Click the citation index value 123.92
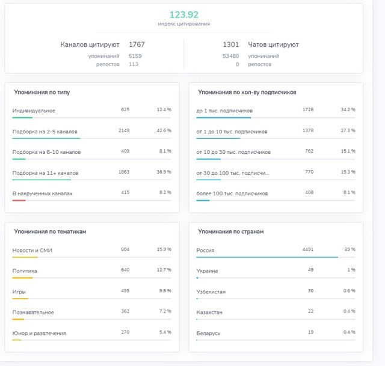[x=184, y=14]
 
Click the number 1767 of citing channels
[x=137, y=44]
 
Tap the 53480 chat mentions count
[x=230, y=56]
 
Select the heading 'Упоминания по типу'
[x=42, y=92]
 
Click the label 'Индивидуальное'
[x=34, y=111]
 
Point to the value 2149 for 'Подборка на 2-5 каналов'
[x=124, y=130]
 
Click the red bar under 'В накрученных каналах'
[x=19, y=200]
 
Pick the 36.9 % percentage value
[x=164, y=172]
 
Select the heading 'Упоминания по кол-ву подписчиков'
[x=247, y=92]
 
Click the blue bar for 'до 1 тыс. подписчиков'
[x=224, y=118]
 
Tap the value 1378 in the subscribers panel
[x=308, y=130]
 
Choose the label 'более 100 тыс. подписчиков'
[x=232, y=194]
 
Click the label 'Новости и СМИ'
[x=32, y=251]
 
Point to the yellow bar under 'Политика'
[x=23, y=278]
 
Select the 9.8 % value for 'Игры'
[x=165, y=291]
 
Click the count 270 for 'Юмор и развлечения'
[x=125, y=332]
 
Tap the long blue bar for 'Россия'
[x=267, y=257]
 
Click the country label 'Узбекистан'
[x=211, y=292]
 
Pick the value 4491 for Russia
[x=308, y=249]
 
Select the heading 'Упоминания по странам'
[x=231, y=231]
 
